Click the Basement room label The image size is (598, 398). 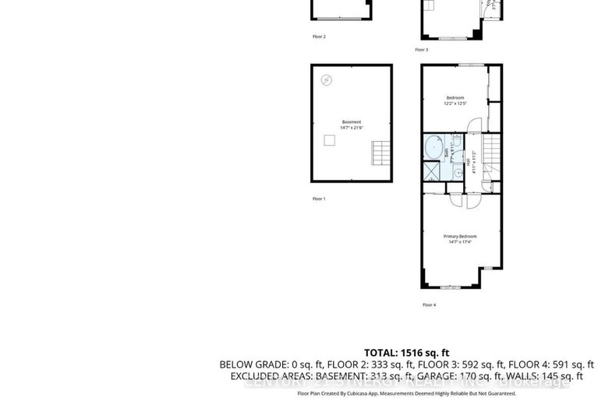351,122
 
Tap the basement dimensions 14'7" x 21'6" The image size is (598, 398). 351,128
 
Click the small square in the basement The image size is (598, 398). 330,140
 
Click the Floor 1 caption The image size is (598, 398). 319,199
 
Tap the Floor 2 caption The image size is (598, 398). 319,37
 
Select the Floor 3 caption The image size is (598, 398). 421,50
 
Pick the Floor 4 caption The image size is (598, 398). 429,305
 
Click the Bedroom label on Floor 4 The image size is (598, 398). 455,97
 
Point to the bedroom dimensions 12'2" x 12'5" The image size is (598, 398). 455,104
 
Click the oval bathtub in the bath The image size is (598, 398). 432,146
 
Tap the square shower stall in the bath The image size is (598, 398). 431,171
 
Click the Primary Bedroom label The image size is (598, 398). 460,236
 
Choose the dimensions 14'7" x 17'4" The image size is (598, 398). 460,242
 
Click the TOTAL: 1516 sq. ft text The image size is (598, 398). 406,352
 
